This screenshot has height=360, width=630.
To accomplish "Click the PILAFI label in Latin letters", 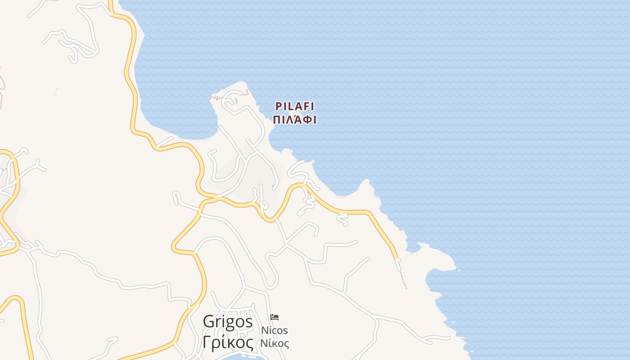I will pyautogui.click(x=295, y=107).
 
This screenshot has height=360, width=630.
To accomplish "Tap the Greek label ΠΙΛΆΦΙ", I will pyautogui.click(x=295, y=120).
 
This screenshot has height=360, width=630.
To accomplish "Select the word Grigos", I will pyautogui.click(x=228, y=322).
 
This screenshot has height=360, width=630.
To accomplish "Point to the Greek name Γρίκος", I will pyautogui.click(x=228, y=343).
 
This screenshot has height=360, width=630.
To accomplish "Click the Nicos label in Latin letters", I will pyautogui.click(x=274, y=330).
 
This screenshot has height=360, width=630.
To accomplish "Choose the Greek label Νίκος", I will pyautogui.click(x=274, y=343).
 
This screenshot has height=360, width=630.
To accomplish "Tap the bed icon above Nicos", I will pyautogui.click(x=274, y=317).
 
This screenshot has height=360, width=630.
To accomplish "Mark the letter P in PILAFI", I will pyautogui.click(x=278, y=107).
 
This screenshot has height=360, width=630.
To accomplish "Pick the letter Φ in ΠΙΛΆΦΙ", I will pyautogui.click(x=306, y=120).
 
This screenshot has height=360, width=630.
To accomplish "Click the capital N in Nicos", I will pyautogui.click(x=265, y=330).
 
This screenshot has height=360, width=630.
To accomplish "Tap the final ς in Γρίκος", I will pyautogui.click(x=249, y=344).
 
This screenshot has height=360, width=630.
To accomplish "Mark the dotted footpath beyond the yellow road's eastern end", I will pyautogui.click(x=402, y=277).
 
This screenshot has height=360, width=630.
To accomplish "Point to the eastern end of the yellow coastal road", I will pyautogui.click(x=396, y=257).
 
